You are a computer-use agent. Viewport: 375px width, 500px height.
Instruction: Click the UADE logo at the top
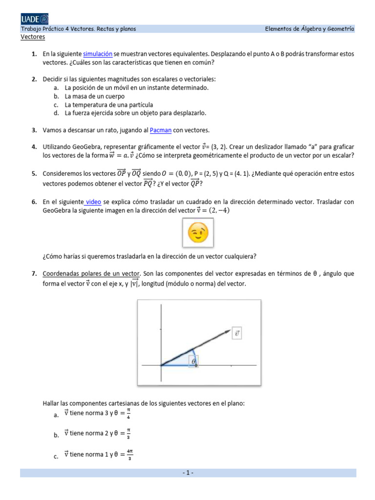click(34, 19)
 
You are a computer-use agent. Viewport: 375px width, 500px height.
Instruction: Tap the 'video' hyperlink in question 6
click(93, 202)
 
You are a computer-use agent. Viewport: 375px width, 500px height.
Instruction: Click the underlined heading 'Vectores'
click(33, 37)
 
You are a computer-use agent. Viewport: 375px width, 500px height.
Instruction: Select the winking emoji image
click(198, 233)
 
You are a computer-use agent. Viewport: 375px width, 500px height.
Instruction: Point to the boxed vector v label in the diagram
click(237, 333)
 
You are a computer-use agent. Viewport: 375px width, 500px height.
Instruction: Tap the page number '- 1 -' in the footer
click(188, 473)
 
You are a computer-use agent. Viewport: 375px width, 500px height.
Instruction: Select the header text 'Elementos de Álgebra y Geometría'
click(310, 29)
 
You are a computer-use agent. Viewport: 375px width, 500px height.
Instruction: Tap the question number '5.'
click(34, 173)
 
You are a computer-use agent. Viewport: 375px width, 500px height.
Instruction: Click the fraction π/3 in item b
click(128, 433)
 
